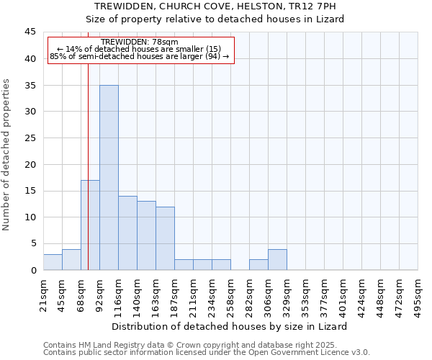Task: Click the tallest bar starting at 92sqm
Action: [109, 177]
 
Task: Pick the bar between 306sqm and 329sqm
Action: [277, 259]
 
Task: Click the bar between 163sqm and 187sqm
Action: [165, 238]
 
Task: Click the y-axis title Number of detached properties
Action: [7, 155]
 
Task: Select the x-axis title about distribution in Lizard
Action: [230, 326]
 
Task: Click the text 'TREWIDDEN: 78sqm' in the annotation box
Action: [135, 42]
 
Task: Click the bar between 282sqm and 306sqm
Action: [258, 264]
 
